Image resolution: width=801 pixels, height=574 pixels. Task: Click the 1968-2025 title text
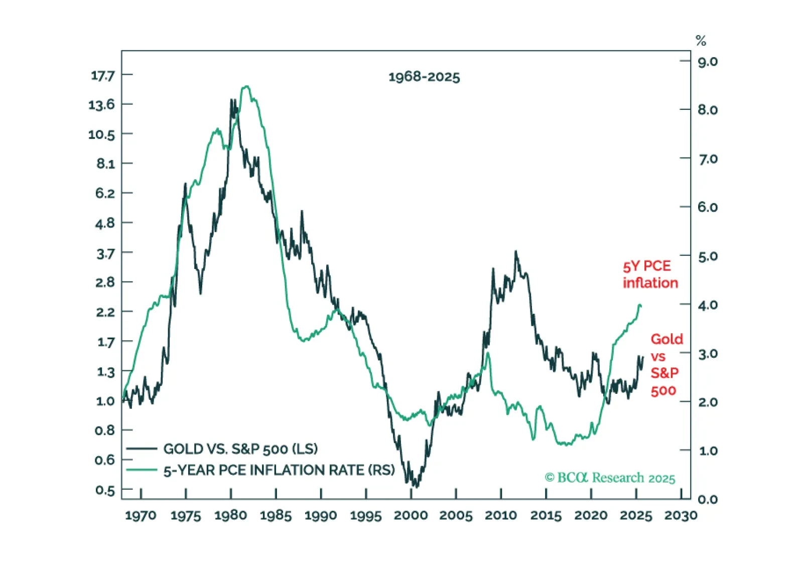(x=424, y=77)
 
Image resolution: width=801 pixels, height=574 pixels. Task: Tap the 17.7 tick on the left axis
(x=103, y=75)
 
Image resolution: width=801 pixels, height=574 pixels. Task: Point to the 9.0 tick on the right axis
(x=708, y=61)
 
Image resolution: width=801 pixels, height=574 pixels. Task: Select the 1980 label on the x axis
(x=231, y=515)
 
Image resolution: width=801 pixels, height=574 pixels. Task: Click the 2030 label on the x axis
(x=681, y=515)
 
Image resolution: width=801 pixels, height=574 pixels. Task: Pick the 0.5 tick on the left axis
(x=105, y=490)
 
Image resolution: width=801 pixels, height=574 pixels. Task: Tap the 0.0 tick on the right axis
(x=708, y=499)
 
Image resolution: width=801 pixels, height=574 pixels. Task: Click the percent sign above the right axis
(x=701, y=41)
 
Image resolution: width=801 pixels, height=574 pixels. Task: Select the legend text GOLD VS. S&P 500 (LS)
(x=240, y=449)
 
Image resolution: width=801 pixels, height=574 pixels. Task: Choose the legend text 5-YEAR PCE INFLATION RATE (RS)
(x=279, y=470)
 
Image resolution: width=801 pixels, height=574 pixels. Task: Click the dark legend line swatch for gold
(x=142, y=449)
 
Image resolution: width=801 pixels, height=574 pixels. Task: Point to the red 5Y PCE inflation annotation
(x=650, y=274)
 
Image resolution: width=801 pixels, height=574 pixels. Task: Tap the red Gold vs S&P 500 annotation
(x=666, y=365)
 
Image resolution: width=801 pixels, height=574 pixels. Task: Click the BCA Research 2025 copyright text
(x=610, y=478)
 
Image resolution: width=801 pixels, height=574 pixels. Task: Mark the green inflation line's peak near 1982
(x=246, y=86)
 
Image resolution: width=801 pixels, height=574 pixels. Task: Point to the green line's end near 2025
(x=640, y=305)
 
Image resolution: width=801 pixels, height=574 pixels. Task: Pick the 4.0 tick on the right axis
(x=708, y=305)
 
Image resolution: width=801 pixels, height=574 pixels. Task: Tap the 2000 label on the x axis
(x=411, y=515)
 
